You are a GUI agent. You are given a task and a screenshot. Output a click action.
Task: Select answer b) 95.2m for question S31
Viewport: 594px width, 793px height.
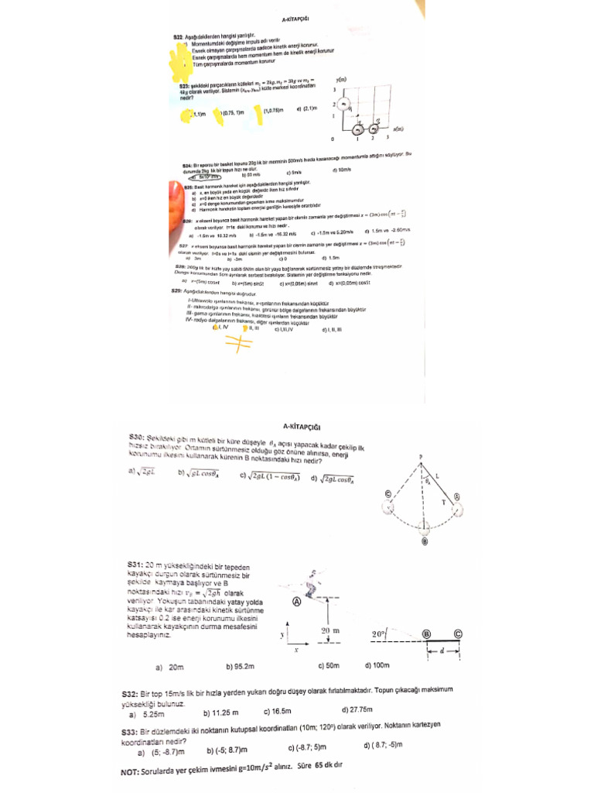[x=240, y=666]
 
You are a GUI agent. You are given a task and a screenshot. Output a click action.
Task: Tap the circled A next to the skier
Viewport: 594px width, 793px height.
[x=296, y=601]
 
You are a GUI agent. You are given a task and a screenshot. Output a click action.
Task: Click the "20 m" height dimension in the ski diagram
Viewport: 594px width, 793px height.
[x=332, y=631]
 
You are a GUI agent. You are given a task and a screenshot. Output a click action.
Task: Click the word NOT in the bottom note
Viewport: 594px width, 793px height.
[x=131, y=772]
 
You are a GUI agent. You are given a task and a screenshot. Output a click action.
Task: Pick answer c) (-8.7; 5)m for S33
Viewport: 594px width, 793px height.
[x=307, y=748]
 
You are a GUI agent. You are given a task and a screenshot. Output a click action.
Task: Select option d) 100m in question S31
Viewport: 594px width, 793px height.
[x=377, y=665]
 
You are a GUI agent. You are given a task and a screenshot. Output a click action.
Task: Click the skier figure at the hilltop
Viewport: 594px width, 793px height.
[x=313, y=577]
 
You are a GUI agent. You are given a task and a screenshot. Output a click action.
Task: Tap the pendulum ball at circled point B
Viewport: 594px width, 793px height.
[x=424, y=541]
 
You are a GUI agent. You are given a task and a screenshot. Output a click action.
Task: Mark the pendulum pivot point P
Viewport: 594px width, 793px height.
[x=421, y=458]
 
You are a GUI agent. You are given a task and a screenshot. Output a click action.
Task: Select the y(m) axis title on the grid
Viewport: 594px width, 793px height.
[x=341, y=80]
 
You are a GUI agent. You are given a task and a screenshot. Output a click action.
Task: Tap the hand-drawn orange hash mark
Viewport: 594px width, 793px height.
[x=240, y=342]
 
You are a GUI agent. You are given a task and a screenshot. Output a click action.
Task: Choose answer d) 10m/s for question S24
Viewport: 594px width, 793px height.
[x=342, y=170]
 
